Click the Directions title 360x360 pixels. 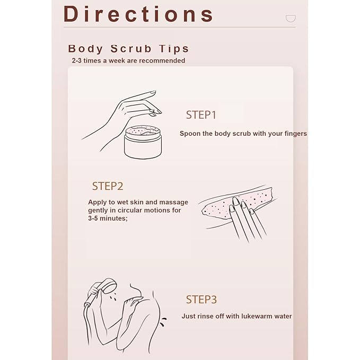pos(138,14)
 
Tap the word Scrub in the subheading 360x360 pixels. pos(131,49)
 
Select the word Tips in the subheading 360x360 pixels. pos(174,49)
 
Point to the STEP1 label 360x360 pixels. pos(201,115)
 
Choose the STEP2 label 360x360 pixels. pos(108,186)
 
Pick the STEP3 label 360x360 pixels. pos(201,300)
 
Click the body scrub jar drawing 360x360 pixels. pos(143,142)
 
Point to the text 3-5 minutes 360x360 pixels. pos(108,218)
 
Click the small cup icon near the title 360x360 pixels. pos(291,19)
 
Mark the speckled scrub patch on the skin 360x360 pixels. pos(236,203)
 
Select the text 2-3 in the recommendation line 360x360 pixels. pos(77,60)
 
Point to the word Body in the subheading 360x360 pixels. pos(86,49)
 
